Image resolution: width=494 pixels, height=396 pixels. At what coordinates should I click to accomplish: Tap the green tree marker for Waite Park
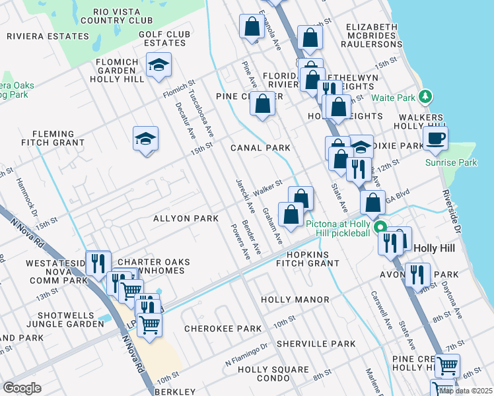click(426, 96)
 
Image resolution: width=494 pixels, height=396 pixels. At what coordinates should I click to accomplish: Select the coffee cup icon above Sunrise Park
click(435, 139)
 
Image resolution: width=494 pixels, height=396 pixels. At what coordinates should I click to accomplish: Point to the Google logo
click(22, 388)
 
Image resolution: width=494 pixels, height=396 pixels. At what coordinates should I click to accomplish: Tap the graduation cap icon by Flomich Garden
click(159, 65)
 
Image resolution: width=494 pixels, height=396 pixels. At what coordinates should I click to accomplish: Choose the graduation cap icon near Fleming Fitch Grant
click(145, 139)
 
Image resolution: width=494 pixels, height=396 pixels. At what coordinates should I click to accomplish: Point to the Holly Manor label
click(295, 300)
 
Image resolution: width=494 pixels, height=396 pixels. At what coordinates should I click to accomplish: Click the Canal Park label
click(260, 148)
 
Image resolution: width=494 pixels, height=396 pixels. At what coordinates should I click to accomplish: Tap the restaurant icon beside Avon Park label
click(416, 273)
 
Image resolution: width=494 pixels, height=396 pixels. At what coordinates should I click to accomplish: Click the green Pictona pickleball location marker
click(380, 228)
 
